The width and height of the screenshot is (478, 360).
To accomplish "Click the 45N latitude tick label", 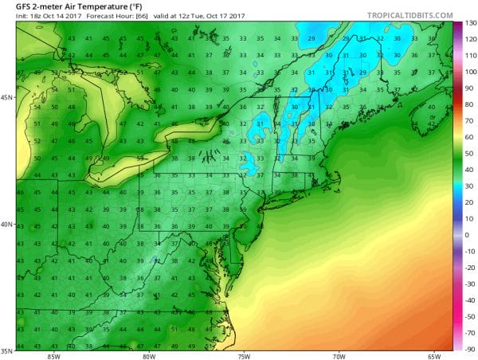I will [7, 97].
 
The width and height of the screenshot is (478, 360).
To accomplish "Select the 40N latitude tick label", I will [7, 224].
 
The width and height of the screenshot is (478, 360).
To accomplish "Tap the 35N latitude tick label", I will [7, 350].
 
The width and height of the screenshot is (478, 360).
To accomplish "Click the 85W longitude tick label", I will [53, 355].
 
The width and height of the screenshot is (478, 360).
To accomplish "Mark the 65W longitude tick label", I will [434, 355].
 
